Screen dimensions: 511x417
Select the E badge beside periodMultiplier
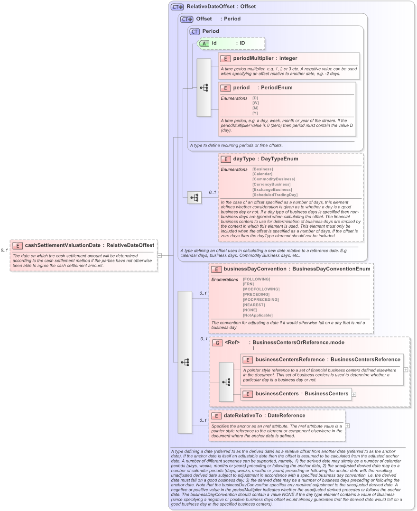coord(225,58)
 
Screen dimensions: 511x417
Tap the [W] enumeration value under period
coord(255,103)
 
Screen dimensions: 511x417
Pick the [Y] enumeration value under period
coord(255,113)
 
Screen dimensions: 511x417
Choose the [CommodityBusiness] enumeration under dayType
coord(274,179)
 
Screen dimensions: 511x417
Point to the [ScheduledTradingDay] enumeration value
coord(275,195)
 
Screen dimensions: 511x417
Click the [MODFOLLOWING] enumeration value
coord(261,289)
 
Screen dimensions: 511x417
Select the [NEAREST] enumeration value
coord(254,305)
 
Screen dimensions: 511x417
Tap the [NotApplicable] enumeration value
coord(258,315)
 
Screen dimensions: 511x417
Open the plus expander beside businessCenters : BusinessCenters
coord(354,394)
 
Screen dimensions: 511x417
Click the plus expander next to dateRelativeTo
coord(348,426)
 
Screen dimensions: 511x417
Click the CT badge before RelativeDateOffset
coord(177,7)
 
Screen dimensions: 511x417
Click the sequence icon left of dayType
coord(195,197)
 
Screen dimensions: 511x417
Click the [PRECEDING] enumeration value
coord(256,294)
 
